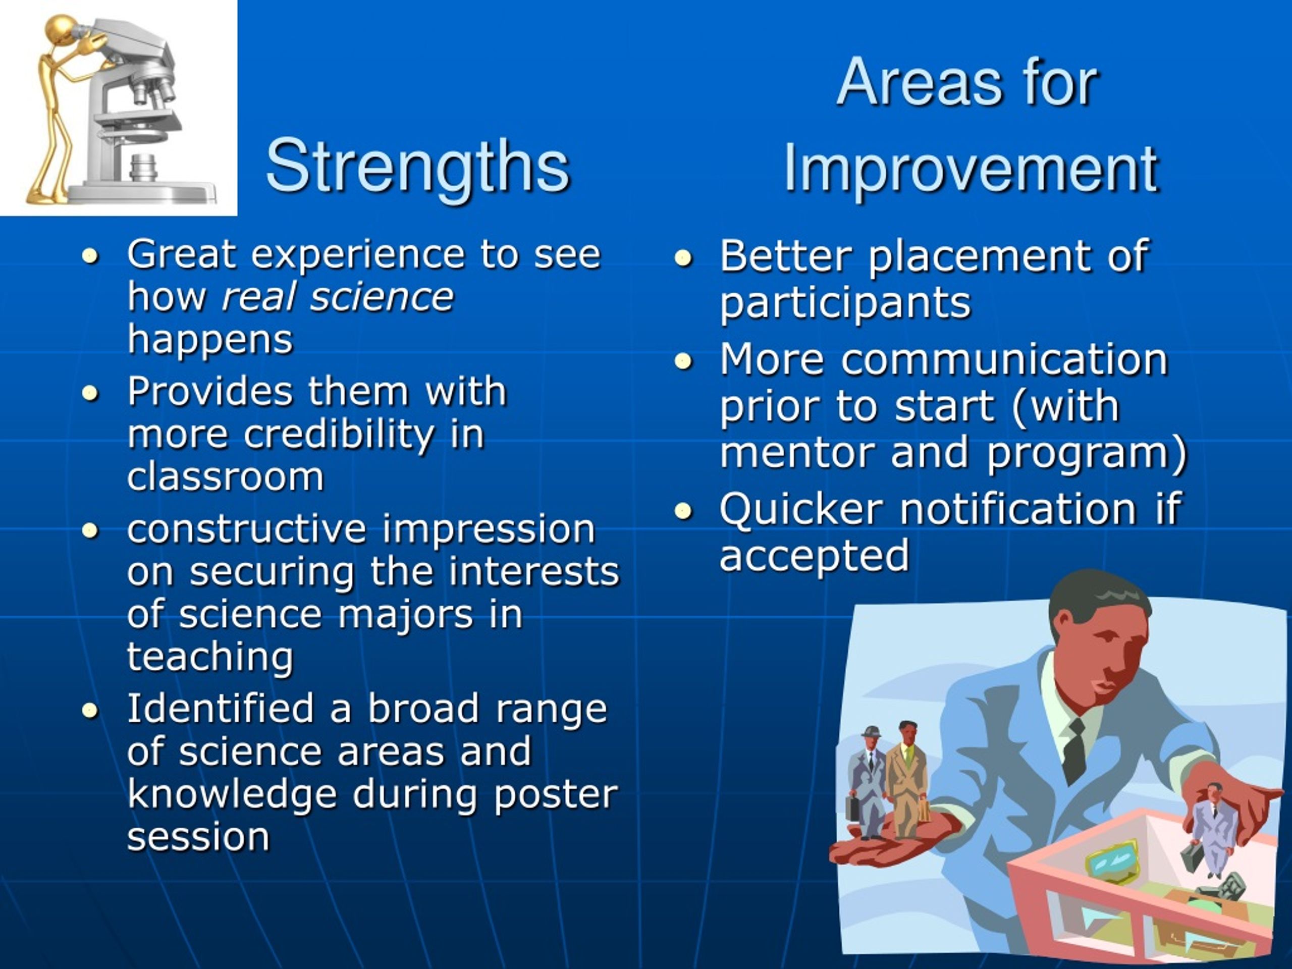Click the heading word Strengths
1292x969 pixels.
click(x=417, y=166)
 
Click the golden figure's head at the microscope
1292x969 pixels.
click(x=62, y=30)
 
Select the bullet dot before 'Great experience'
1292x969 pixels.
click(x=90, y=255)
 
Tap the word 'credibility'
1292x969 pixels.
click(x=339, y=435)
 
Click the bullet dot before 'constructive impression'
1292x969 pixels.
click(x=90, y=530)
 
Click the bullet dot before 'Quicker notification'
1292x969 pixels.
click(x=683, y=511)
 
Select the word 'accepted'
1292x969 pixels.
click(x=814, y=556)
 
